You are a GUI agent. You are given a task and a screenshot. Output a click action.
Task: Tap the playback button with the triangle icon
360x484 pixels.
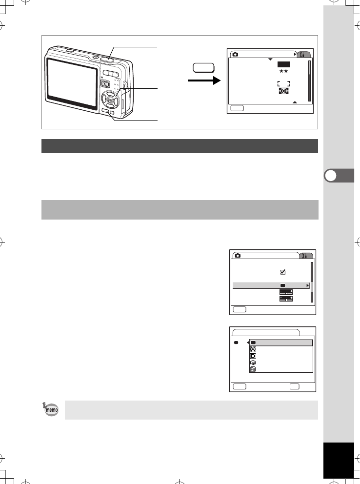105,83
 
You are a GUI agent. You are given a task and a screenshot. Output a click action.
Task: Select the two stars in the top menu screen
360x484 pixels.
283,71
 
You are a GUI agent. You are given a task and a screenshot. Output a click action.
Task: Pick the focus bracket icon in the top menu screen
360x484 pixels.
283,84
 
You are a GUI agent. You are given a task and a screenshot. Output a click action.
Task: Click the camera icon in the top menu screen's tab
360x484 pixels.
236,54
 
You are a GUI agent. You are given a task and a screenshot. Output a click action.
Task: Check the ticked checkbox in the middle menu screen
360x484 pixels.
283,272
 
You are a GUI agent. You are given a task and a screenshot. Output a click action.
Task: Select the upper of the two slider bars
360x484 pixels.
286,292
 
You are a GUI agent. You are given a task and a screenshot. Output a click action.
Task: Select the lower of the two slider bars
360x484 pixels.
286,299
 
